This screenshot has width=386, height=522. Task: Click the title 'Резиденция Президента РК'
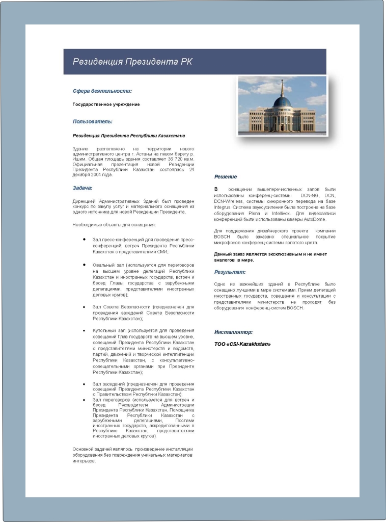tap(132, 62)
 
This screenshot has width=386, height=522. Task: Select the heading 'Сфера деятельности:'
tap(102, 91)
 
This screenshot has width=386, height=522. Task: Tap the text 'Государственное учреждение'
tap(106, 105)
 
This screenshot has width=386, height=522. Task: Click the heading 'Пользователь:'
tap(93, 121)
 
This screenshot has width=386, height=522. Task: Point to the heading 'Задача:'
tap(82, 188)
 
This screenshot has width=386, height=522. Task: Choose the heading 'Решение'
tap(226, 176)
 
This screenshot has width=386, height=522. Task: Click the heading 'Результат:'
tap(230, 272)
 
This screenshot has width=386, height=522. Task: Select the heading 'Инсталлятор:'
tap(233, 332)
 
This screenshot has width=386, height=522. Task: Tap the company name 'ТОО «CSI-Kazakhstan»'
tap(242, 344)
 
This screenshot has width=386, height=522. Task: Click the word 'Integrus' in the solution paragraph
tap(223, 207)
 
